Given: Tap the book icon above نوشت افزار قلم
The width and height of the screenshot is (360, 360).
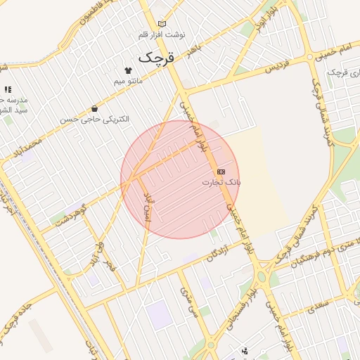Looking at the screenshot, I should tap(163, 24).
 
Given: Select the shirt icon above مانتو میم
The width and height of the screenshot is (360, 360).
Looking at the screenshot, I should tap(128, 70).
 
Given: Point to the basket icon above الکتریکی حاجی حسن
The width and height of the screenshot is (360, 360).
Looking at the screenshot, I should tap(95, 108).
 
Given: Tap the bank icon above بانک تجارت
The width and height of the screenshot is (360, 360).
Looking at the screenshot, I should tap(221, 172).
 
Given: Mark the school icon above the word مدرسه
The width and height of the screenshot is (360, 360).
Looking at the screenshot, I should tap(8, 90).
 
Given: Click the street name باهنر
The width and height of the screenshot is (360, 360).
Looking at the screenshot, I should tap(194, 47).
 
